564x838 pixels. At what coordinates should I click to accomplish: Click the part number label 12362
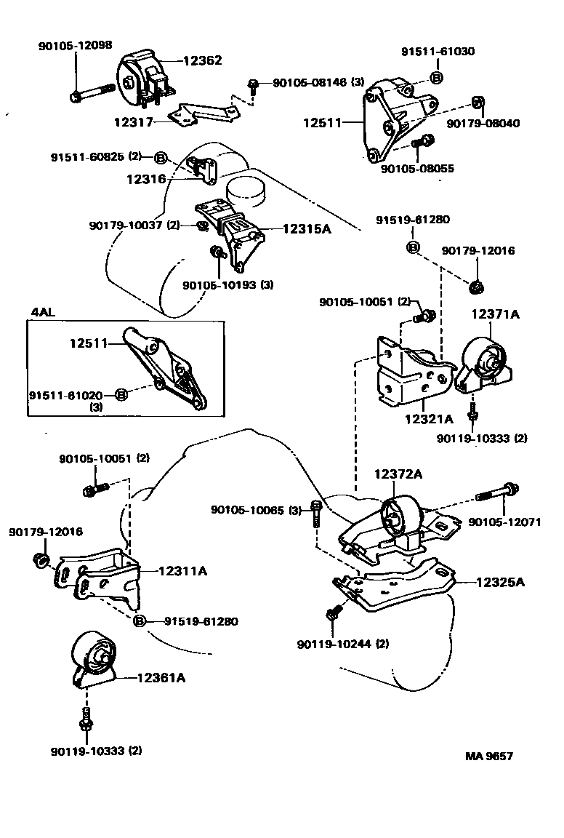(x=202, y=61)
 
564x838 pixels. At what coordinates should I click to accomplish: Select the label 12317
(x=133, y=122)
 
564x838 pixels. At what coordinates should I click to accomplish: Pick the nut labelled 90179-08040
(x=478, y=101)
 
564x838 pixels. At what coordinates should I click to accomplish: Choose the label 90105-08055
(x=417, y=168)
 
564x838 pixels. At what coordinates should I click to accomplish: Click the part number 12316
(x=148, y=178)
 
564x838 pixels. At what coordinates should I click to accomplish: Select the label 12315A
(x=306, y=228)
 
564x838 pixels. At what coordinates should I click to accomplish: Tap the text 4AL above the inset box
(x=42, y=312)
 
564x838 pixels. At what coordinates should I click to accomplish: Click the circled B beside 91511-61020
(x=121, y=394)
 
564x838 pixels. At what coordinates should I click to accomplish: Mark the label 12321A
(x=429, y=419)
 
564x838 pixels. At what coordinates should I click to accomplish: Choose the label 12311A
(x=182, y=571)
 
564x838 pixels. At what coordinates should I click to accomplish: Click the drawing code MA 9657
(x=489, y=756)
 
